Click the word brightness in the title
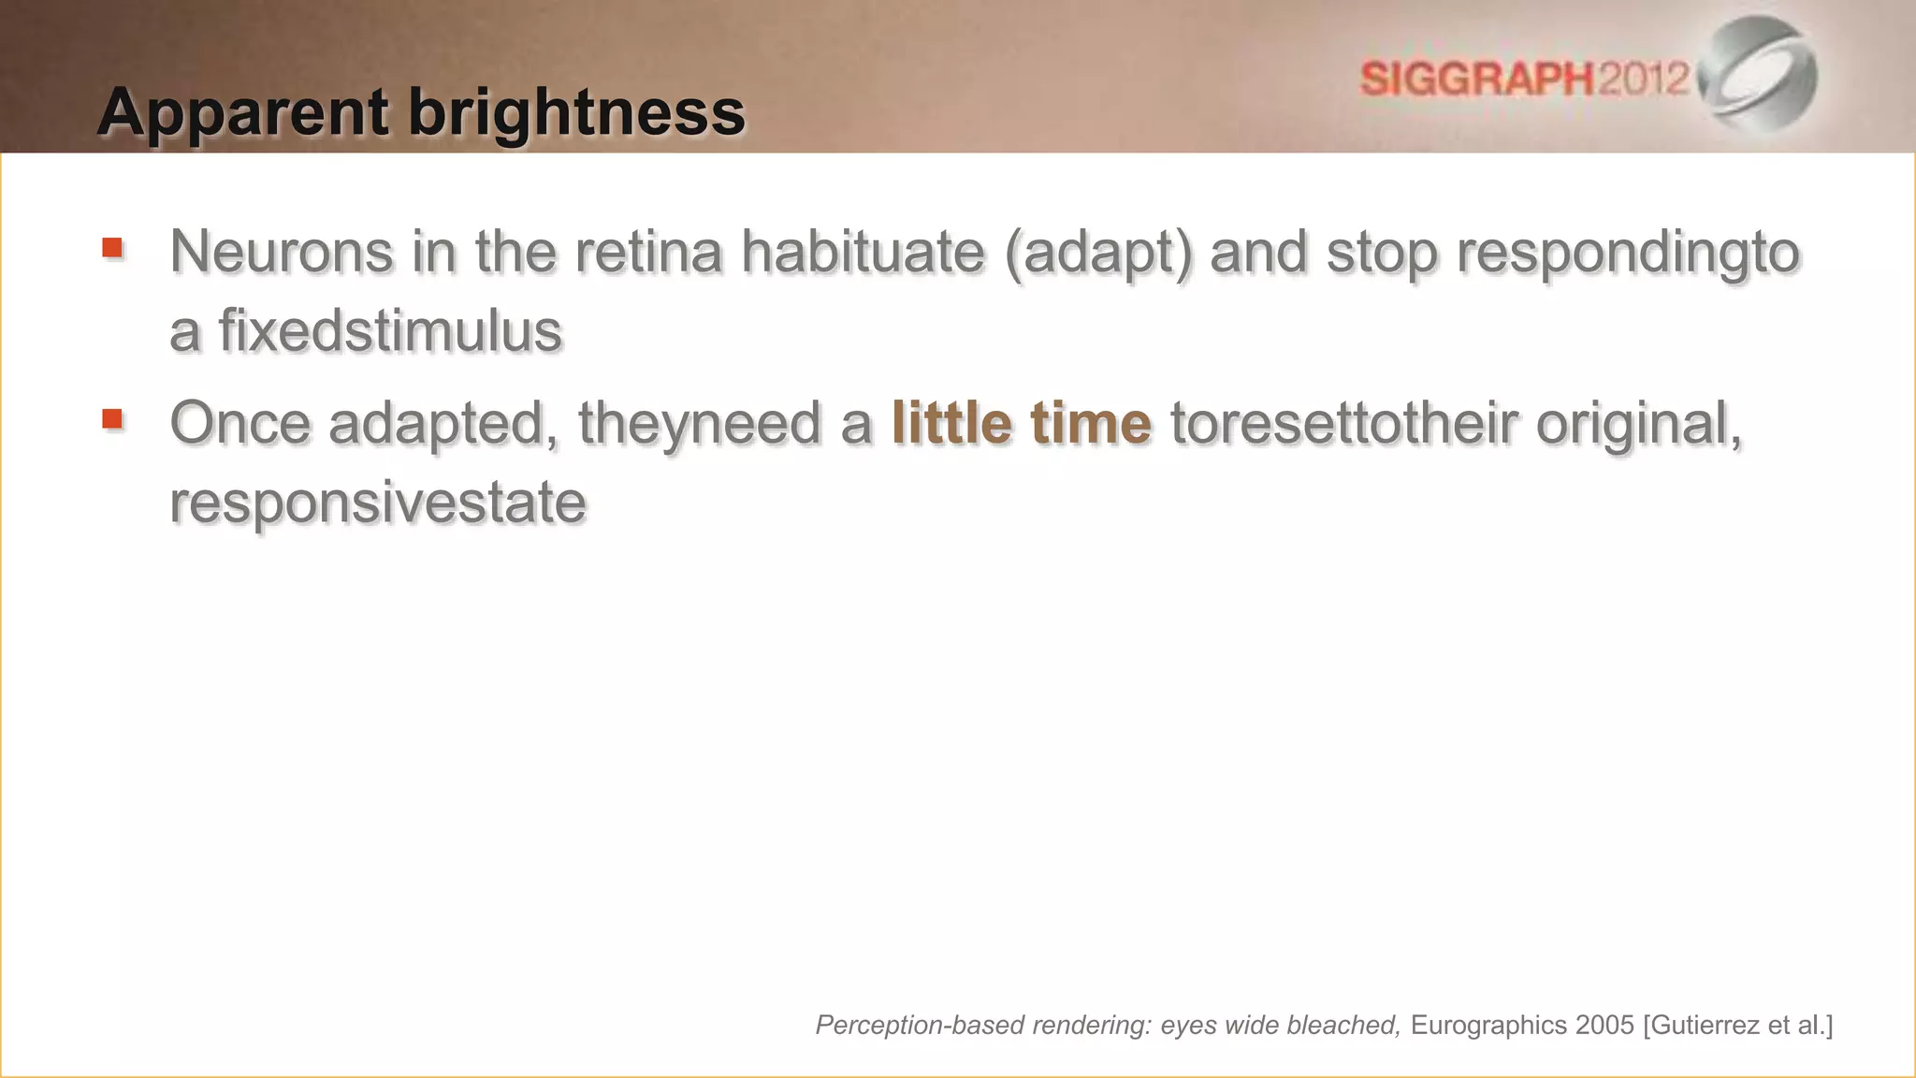coord(576,113)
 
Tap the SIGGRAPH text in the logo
coord(1476,79)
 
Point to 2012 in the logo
coord(1643,79)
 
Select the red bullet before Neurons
coord(112,248)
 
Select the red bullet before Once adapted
coord(112,418)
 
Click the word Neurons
coord(281,252)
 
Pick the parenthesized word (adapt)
coord(1098,252)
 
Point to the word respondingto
coord(1628,252)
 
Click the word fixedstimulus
coord(390,331)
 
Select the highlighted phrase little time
coord(1021,423)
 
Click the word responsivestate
coord(377,503)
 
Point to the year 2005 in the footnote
coord(1604,1026)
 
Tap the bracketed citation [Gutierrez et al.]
coord(1737,1026)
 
